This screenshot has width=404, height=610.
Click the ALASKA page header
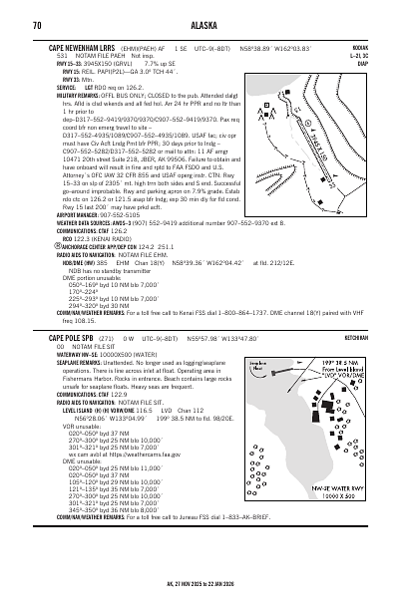[x=202, y=10]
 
